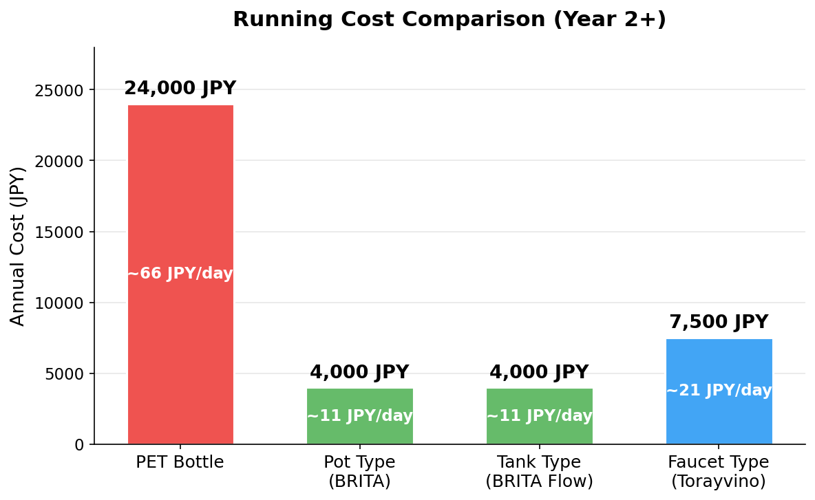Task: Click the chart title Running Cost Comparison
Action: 449,19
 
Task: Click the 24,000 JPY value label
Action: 180,89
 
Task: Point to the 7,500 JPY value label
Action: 719,323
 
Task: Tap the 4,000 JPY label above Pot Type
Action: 359,373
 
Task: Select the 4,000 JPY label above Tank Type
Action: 539,373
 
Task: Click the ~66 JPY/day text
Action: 180,274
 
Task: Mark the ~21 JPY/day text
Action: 719,391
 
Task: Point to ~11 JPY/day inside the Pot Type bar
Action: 359,416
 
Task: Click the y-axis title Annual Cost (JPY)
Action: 18,246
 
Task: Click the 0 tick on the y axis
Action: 79,445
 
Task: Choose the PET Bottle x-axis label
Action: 180,462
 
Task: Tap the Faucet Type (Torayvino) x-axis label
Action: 719,471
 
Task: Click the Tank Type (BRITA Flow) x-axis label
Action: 539,471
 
